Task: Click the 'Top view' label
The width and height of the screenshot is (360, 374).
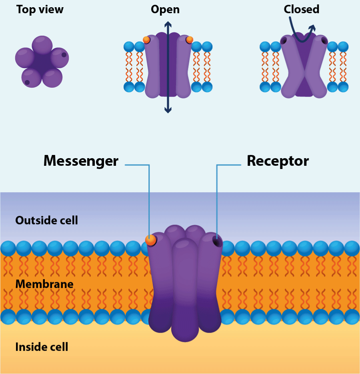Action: tap(40, 10)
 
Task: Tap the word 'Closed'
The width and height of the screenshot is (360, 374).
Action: tap(302, 9)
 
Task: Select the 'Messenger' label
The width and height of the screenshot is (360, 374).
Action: tap(81, 161)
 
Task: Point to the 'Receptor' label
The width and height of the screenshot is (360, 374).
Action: tap(278, 161)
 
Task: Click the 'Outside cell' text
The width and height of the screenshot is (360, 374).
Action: tap(46, 220)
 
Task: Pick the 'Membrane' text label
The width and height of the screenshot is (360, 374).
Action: tap(44, 284)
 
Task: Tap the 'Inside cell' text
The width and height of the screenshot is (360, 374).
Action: tap(42, 347)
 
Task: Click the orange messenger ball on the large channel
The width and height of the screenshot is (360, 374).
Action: tap(150, 240)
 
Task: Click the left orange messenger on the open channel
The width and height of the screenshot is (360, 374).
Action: tap(146, 40)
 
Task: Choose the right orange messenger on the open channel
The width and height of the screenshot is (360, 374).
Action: tap(189, 39)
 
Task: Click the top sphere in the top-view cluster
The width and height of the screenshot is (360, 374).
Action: tap(42, 45)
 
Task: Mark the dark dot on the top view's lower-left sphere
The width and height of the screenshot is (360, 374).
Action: tap(27, 82)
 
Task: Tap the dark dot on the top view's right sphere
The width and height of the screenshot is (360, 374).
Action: tap(64, 55)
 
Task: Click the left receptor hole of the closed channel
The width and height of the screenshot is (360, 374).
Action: tap(284, 41)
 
